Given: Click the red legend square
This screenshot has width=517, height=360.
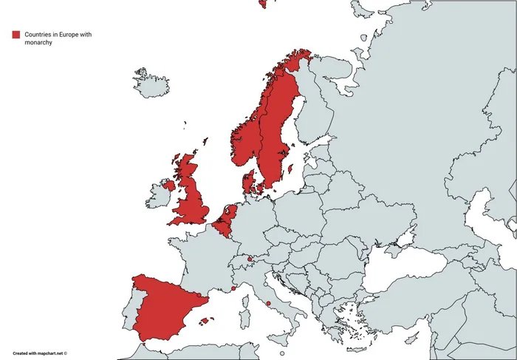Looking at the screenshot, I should tap(16, 35).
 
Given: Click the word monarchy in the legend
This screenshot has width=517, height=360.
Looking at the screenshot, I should tap(37, 43).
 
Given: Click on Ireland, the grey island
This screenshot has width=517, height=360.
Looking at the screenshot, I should tap(158, 196).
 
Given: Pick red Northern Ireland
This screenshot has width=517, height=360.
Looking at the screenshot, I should tap(169, 185).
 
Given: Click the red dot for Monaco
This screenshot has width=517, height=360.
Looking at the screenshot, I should tap(233, 289).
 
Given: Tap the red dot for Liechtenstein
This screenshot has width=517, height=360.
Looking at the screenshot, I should tap(250, 259).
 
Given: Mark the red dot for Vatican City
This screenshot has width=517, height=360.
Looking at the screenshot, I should tap(269, 304).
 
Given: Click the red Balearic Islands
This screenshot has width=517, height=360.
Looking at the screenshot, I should tap(207, 321).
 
